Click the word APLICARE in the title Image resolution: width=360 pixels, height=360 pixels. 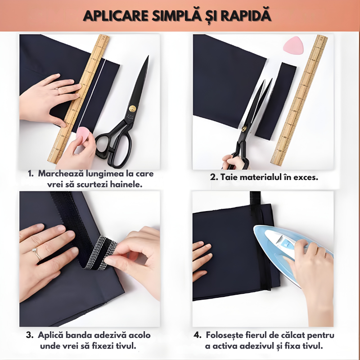[116, 15]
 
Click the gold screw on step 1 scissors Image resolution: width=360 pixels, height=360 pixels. [132, 108]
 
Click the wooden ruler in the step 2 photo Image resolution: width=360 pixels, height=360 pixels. [299, 100]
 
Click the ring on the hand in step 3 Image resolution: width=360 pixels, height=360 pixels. [36, 253]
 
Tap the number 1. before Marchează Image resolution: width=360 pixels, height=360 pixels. [31, 174]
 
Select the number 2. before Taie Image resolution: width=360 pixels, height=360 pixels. [214, 177]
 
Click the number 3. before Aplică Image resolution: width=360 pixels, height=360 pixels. [30, 335]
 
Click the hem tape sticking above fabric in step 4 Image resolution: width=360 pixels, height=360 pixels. [255, 198]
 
